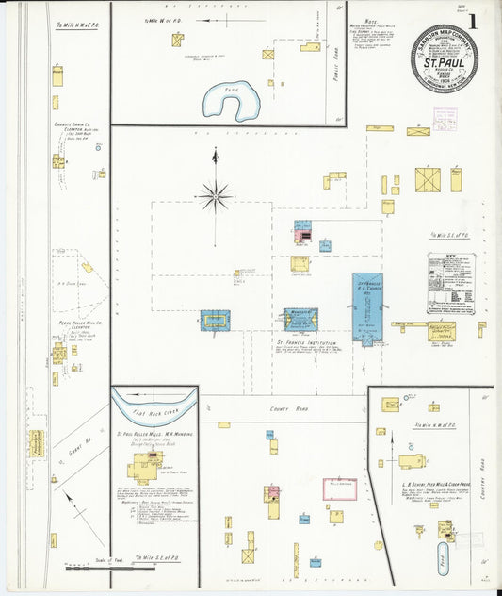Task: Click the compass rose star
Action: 215,196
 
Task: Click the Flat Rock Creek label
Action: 154,409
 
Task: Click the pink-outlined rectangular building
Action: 340,488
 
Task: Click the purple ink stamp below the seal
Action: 444,117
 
